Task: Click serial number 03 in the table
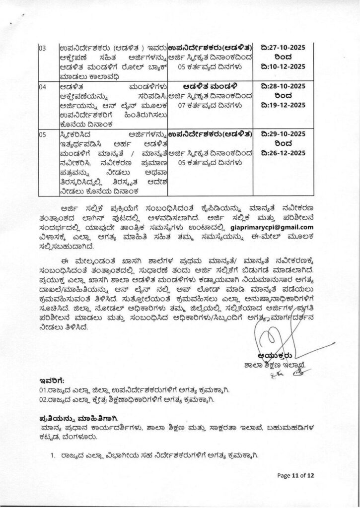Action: (42, 48)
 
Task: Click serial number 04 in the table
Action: (42, 86)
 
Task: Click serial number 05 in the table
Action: (42, 134)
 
